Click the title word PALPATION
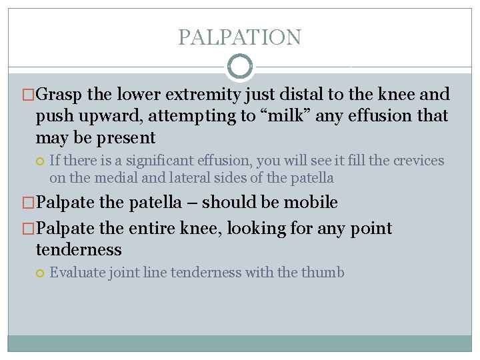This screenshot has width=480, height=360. click(239, 37)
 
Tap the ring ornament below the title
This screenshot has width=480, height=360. click(240, 67)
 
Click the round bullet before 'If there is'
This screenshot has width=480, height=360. click(40, 161)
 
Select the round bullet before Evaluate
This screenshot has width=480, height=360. click(40, 272)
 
